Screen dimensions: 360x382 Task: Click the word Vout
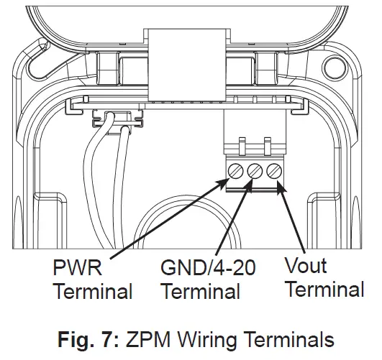306,267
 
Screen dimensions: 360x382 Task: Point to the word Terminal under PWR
93,292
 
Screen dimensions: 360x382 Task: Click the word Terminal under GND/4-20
201,292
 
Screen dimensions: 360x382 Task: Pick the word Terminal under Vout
324,290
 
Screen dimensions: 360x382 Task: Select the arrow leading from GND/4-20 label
231,220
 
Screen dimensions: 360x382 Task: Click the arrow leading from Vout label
292,219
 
